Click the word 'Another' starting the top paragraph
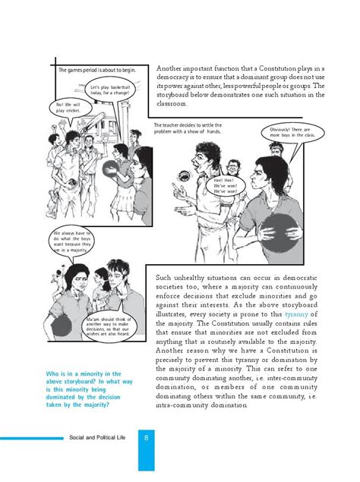coord(172,69)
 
